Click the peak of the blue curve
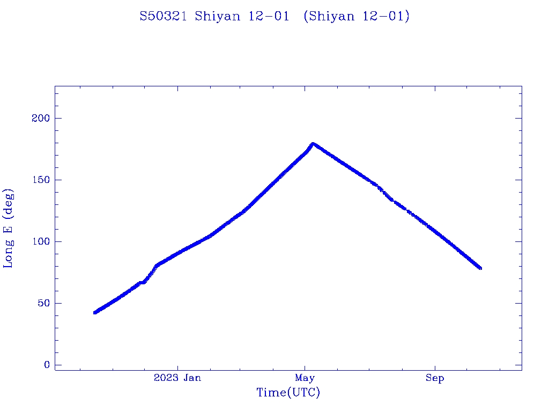click(x=313, y=143)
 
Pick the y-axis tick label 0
click(x=47, y=365)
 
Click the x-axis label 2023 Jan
click(x=177, y=378)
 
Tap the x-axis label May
click(x=305, y=378)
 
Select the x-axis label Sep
click(x=435, y=378)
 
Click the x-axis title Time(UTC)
click(x=288, y=393)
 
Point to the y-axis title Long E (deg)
click(x=9, y=228)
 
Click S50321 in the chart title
click(x=163, y=17)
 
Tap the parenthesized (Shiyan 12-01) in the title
click(x=356, y=17)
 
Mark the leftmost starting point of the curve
click(x=95, y=312)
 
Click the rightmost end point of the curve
click(x=480, y=268)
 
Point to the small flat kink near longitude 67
click(x=142, y=282)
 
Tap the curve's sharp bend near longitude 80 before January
click(x=156, y=265)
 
